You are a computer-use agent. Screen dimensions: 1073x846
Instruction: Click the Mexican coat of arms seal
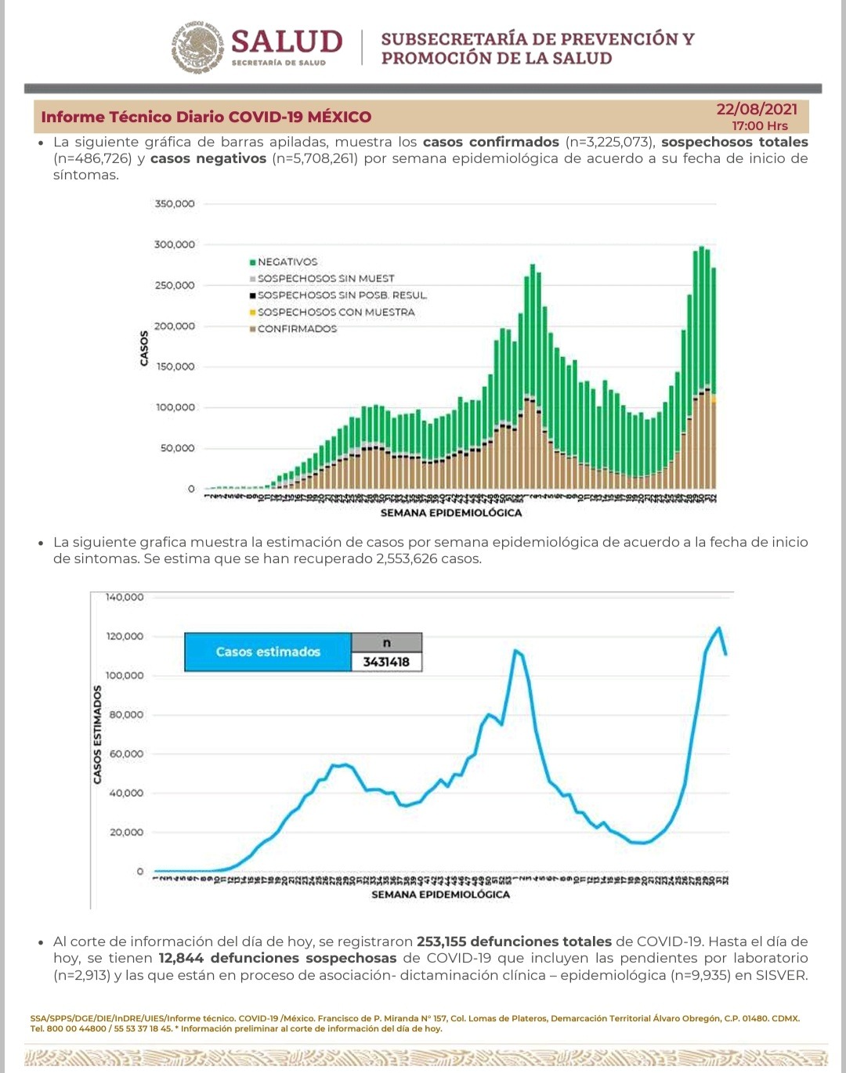click(198, 48)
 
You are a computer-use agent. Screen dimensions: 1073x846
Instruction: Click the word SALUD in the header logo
click(287, 42)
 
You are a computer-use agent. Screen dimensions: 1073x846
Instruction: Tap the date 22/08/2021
click(756, 109)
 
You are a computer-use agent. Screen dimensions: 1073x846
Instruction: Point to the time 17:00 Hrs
click(760, 125)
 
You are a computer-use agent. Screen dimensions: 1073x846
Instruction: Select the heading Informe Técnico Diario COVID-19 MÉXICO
click(206, 117)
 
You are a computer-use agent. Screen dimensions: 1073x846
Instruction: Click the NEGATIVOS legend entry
click(287, 262)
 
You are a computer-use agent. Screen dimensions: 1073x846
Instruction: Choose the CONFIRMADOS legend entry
click(297, 329)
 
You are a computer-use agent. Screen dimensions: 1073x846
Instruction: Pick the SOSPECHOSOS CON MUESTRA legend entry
click(336, 312)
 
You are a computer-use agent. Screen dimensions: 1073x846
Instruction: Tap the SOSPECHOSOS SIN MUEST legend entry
click(326, 278)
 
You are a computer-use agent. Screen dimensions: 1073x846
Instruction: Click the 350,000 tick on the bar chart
click(175, 204)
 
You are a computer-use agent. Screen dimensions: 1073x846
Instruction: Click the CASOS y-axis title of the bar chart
click(144, 348)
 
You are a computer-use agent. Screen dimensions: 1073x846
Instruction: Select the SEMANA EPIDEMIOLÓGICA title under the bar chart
click(450, 513)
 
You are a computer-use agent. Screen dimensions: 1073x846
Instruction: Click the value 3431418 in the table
click(386, 662)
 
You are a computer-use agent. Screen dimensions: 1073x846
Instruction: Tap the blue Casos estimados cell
click(268, 652)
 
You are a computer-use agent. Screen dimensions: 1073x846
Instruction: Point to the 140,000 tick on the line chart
click(125, 597)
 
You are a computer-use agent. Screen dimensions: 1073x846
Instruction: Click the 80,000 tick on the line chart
click(127, 714)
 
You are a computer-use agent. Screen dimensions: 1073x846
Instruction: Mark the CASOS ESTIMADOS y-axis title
click(98, 734)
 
